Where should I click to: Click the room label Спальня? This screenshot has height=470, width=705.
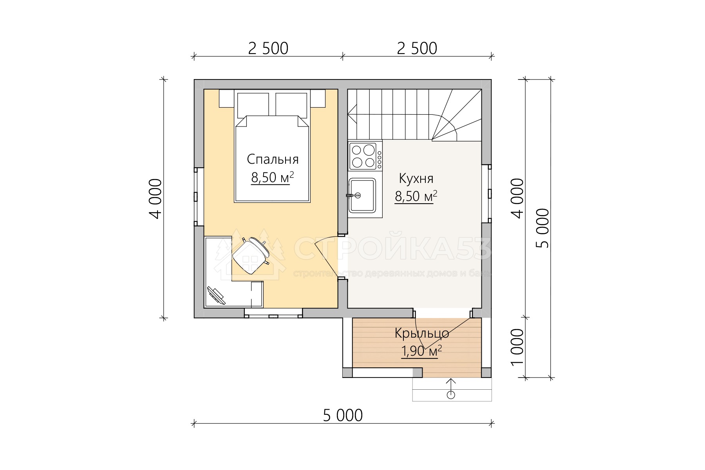point(273,159)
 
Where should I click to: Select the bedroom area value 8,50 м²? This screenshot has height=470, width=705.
point(272,177)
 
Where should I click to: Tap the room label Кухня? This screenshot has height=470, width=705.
point(416,179)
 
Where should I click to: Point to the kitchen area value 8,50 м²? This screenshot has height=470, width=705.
point(416,196)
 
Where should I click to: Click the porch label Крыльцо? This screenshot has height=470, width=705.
point(422,333)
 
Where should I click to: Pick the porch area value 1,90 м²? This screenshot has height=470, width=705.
point(421,351)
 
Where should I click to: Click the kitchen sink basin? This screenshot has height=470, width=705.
point(363,195)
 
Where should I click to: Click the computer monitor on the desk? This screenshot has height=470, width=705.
point(216,295)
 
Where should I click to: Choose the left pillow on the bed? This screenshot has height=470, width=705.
point(253,105)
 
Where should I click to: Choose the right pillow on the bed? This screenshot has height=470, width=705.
point(291,105)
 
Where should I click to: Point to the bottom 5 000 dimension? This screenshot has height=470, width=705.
point(343,416)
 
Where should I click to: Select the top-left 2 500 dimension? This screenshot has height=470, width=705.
point(268,49)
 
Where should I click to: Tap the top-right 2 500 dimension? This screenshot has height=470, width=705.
point(417,49)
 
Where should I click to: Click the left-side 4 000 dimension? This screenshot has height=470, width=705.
point(155,199)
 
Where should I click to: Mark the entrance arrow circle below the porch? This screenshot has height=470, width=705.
point(451,394)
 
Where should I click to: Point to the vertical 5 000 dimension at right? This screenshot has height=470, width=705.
point(543,228)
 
